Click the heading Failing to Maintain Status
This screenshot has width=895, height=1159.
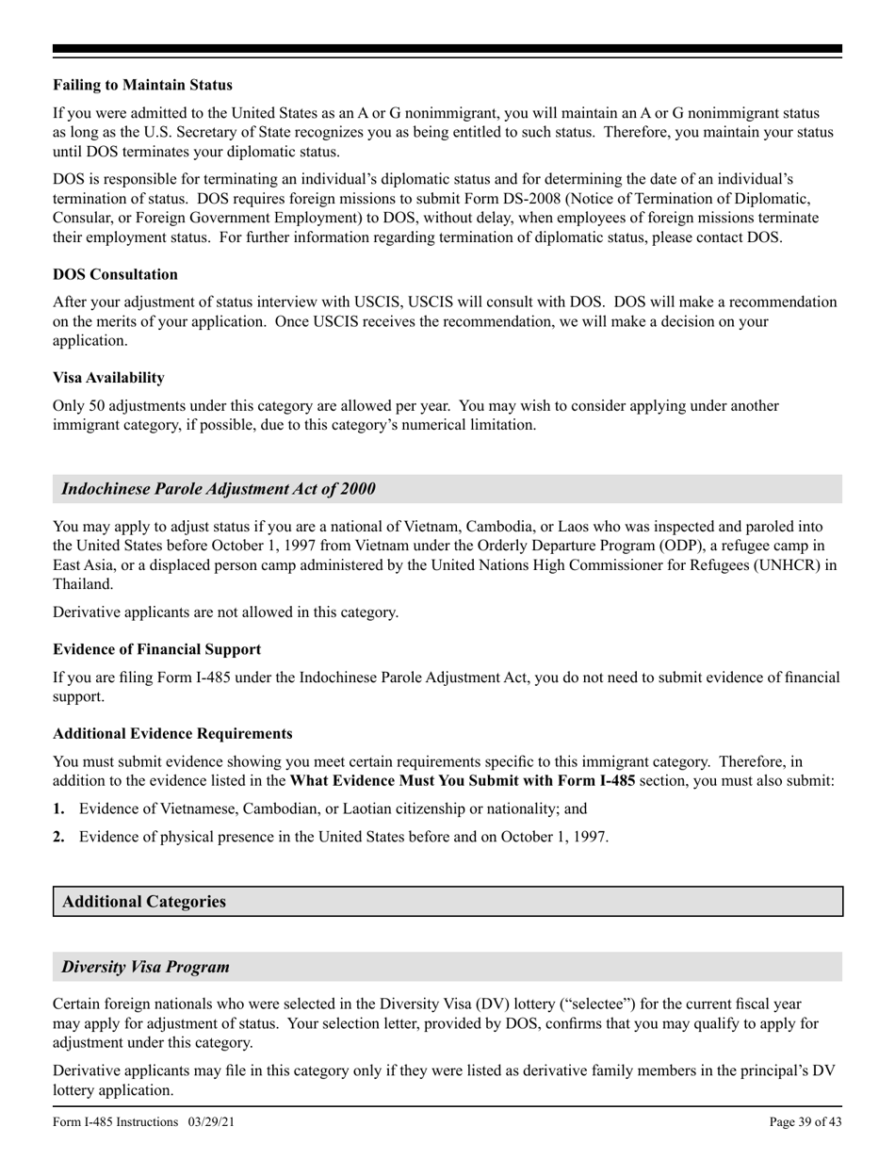(142, 85)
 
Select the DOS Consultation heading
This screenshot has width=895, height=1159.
(115, 274)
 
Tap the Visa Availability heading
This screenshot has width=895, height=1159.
(108, 378)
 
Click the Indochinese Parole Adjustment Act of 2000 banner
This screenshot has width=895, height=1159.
(219, 489)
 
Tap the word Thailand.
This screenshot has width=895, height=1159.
(82, 584)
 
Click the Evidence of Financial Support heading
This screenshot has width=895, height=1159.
(156, 649)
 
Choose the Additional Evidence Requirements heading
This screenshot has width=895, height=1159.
(172, 733)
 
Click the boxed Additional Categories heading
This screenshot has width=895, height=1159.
(144, 902)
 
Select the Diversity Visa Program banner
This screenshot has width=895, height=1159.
(146, 968)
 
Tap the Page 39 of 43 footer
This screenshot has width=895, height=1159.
(805, 1121)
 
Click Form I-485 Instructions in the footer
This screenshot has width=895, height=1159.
(115, 1121)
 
